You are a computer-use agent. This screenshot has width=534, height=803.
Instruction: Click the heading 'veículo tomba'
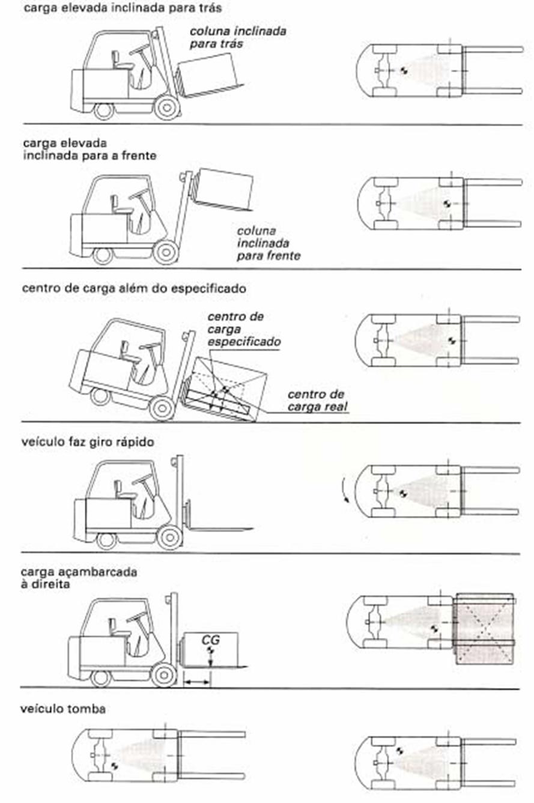[x=64, y=709]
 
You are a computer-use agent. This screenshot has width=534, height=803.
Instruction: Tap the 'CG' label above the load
[x=211, y=640]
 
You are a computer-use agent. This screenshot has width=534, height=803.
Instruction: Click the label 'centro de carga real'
[x=317, y=400]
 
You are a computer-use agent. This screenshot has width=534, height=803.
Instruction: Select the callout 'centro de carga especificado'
[x=243, y=329]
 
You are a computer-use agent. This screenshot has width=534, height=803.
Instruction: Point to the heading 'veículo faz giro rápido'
[x=88, y=442]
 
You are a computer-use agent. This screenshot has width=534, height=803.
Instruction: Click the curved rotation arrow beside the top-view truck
[x=344, y=490]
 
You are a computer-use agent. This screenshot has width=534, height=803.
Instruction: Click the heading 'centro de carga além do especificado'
[x=134, y=288]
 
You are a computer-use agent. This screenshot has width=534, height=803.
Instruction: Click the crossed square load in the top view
[x=485, y=629]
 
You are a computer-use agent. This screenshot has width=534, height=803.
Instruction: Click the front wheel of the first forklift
[x=166, y=107]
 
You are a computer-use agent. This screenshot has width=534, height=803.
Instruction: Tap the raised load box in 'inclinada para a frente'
[x=225, y=189]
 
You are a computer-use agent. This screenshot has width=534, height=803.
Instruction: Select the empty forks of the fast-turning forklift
[x=220, y=529]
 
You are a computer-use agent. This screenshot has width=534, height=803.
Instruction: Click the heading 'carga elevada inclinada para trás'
[x=122, y=8]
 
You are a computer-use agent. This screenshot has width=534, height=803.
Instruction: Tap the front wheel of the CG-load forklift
[x=163, y=675]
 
